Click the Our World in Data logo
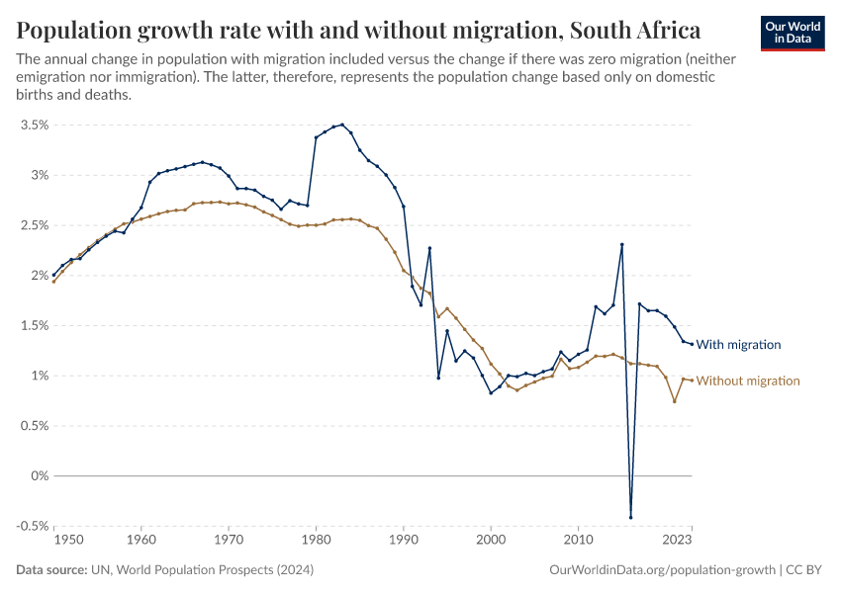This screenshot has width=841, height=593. (793, 33)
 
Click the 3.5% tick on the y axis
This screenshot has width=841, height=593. (33, 126)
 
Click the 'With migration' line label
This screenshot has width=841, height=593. (738, 345)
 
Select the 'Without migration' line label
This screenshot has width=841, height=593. (748, 381)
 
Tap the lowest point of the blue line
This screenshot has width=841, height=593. (630, 517)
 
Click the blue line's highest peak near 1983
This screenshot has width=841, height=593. (342, 125)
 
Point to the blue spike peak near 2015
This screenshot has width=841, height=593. (621, 244)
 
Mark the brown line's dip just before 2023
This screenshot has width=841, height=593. (674, 401)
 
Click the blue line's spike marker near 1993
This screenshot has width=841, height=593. (429, 248)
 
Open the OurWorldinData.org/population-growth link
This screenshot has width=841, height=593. (660, 570)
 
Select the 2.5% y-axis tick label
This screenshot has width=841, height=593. (33, 225)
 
